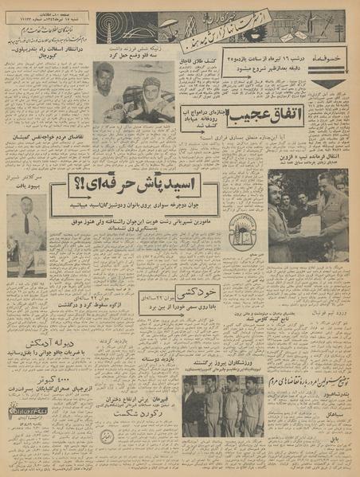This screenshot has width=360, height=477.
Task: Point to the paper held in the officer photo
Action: coord(309,224)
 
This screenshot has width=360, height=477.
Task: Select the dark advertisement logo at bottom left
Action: coord(26,412)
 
